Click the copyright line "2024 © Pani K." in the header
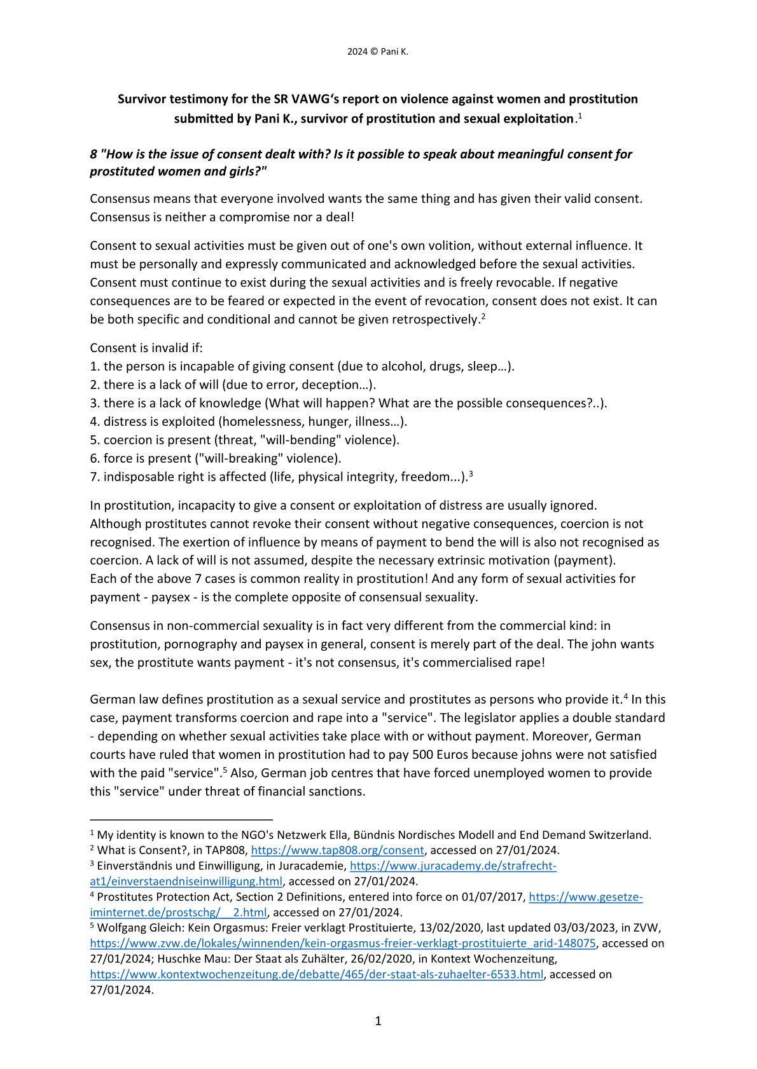tap(378, 52)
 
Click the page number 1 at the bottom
tap(378, 1021)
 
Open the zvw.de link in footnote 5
tap(343, 943)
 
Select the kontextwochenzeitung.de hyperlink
tap(316, 974)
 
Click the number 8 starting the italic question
tap(94, 154)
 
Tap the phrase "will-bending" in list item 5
tap(291, 440)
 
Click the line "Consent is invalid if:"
tap(146, 348)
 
